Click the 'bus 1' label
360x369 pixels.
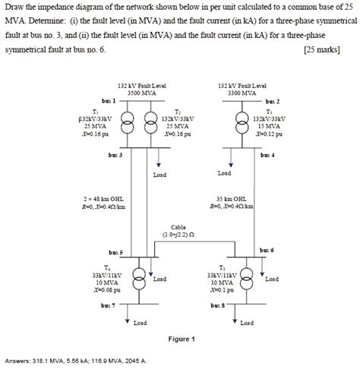click(108, 100)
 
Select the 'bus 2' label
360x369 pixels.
click(273, 100)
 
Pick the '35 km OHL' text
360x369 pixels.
click(232, 198)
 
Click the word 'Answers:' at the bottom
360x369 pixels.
click(17, 361)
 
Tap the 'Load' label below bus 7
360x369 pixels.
click(140, 323)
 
